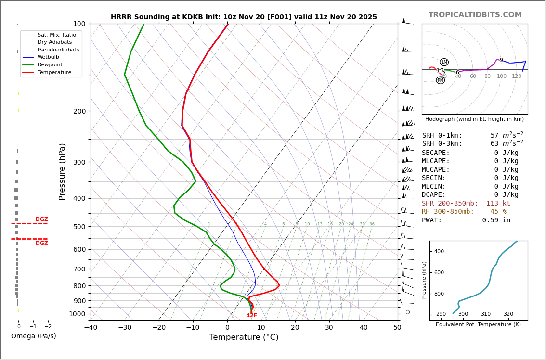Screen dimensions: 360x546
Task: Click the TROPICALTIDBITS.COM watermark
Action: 475,15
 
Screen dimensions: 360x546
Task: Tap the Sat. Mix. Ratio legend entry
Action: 56,35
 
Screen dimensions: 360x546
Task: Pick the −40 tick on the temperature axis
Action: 91,328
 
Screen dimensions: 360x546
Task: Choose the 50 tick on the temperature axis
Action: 397,328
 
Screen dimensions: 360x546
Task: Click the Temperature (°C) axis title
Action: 244,337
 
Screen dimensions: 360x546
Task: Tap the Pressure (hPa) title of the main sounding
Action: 62,171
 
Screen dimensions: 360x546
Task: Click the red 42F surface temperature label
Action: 251,316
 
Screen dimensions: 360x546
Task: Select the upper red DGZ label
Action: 41,219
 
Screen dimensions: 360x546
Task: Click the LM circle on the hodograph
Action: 444,62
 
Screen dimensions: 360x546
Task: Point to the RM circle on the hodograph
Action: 440,80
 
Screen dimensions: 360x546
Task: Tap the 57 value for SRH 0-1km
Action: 494,136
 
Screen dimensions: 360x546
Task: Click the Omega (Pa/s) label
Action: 33,336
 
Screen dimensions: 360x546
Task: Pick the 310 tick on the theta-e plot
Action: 485,314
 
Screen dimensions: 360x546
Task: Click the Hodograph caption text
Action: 474,119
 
